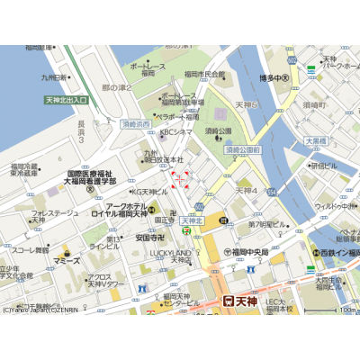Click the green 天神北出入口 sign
coord(66,100)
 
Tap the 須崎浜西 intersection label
coord(136,124)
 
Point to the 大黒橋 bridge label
coord(316,141)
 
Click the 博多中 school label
coord(274,78)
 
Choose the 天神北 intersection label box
coord(192,220)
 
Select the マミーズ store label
coord(66,261)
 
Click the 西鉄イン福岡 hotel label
coord(334,254)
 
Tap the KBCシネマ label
coord(175,132)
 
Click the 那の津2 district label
coord(117,87)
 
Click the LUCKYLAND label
coord(171,253)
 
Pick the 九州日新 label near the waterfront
coord(49,78)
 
